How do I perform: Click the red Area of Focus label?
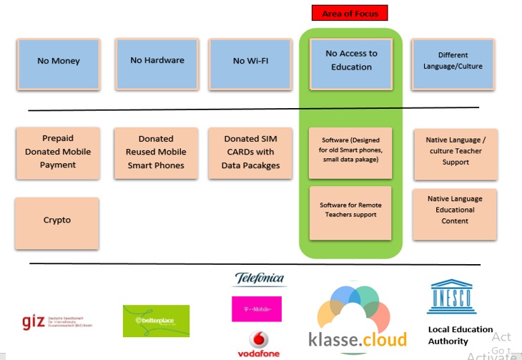tap(350, 14)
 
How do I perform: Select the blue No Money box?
tap(58, 62)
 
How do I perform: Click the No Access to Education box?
tap(351, 60)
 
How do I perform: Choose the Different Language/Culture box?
tap(453, 61)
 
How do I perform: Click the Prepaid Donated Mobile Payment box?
tap(58, 152)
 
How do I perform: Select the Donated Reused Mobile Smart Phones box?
tap(156, 152)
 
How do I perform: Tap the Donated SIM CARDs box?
tap(252, 152)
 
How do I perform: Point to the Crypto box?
tap(57, 220)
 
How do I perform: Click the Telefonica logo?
tap(259, 279)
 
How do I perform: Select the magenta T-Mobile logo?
tap(257, 309)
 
